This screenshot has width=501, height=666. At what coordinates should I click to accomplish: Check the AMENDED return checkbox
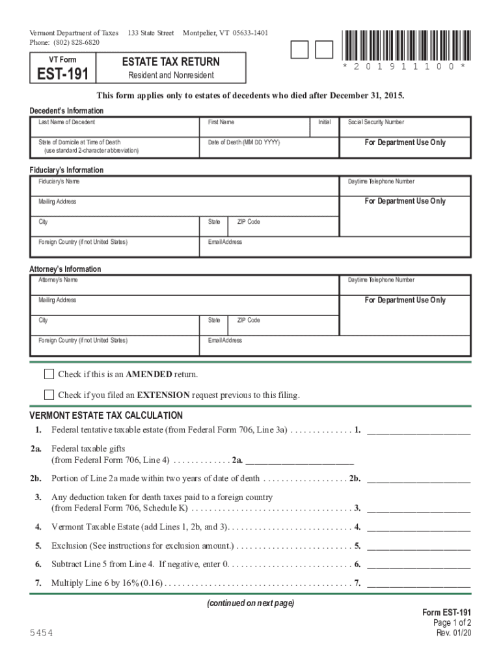click(49, 374)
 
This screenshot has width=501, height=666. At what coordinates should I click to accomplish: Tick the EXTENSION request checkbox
click(49, 395)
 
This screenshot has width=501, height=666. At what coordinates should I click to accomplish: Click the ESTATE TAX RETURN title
click(171, 62)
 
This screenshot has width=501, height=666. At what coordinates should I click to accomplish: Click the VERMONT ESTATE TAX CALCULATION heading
click(106, 416)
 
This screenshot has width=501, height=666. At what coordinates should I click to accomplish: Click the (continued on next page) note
click(251, 604)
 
